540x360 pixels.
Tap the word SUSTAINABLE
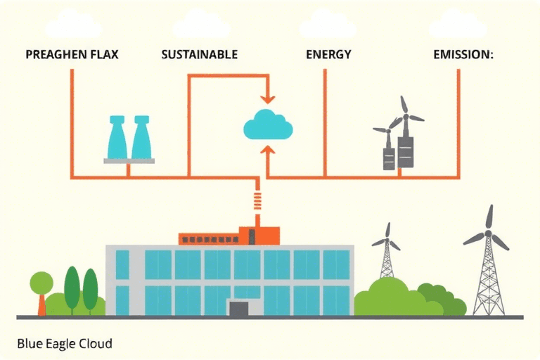(x=199, y=54)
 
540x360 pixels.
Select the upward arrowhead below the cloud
(x=267, y=149)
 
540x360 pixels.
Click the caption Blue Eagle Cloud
(x=64, y=345)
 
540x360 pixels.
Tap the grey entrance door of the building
(x=239, y=308)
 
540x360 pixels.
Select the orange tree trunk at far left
(x=42, y=304)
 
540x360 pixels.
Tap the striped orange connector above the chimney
(x=257, y=200)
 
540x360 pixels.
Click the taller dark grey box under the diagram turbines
(x=405, y=151)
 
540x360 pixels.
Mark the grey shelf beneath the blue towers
(x=129, y=161)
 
